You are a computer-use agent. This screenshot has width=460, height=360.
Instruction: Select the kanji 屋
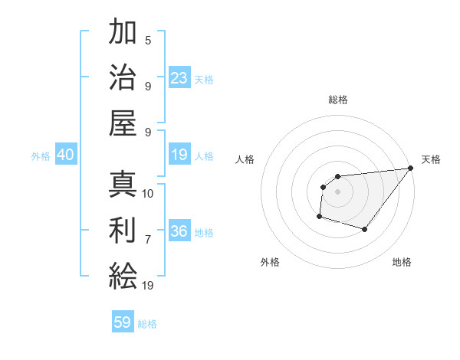(x=123, y=122)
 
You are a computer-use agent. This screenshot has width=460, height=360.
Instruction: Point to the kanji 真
(x=123, y=185)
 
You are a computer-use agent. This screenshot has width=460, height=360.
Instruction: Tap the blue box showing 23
(x=179, y=78)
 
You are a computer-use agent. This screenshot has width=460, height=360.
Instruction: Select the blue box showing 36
(x=179, y=231)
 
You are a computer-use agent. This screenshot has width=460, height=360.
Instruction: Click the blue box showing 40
(x=65, y=155)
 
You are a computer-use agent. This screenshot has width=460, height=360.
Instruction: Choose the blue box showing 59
(x=123, y=322)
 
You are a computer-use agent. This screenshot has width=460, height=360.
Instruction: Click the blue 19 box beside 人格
(x=179, y=155)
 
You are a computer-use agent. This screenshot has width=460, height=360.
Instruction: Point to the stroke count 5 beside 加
(x=148, y=41)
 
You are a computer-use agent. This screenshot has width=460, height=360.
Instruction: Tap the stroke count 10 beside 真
(x=148, y=193)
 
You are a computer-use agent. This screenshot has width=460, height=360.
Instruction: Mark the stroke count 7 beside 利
(x=148, y=239)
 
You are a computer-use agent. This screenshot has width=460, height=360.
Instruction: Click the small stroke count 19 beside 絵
(x=148, y=285)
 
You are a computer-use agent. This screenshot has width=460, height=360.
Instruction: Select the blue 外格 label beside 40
(x=41, y=155)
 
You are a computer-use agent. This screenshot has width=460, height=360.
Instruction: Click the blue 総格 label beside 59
(x=147, y=324)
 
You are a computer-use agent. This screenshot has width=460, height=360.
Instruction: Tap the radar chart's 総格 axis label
(x=337, y=100)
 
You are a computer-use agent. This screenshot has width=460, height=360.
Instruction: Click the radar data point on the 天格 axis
(x=412, y=169)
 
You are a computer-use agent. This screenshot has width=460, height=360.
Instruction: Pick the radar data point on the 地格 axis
(x=366, y=230)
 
